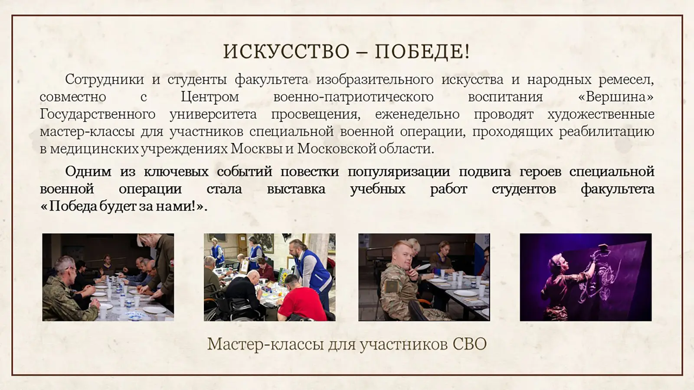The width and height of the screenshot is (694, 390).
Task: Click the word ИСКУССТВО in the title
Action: (x=286, y=52)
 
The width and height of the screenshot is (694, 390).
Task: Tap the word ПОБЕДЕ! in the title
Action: (x=422, y=52)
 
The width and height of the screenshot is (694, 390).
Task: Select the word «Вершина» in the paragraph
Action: (x=616, y=97)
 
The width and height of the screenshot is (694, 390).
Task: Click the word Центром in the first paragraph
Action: (x=210, y=97)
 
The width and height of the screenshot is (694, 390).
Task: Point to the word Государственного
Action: (x=98, y=114)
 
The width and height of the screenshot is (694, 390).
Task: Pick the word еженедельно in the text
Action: (x=417, y=114)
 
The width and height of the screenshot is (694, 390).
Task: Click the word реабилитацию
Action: (x=607, y=132)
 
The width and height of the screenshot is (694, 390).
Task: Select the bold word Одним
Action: (x=88, y=172)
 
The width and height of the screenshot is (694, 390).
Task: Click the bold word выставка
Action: (x=296, y=189)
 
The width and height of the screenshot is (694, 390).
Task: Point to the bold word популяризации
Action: (x=399, y=172)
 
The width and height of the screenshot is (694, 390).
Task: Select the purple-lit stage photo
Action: (x=586, y=277)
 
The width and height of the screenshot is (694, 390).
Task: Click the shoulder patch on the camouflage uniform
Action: (x=391, y=286)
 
